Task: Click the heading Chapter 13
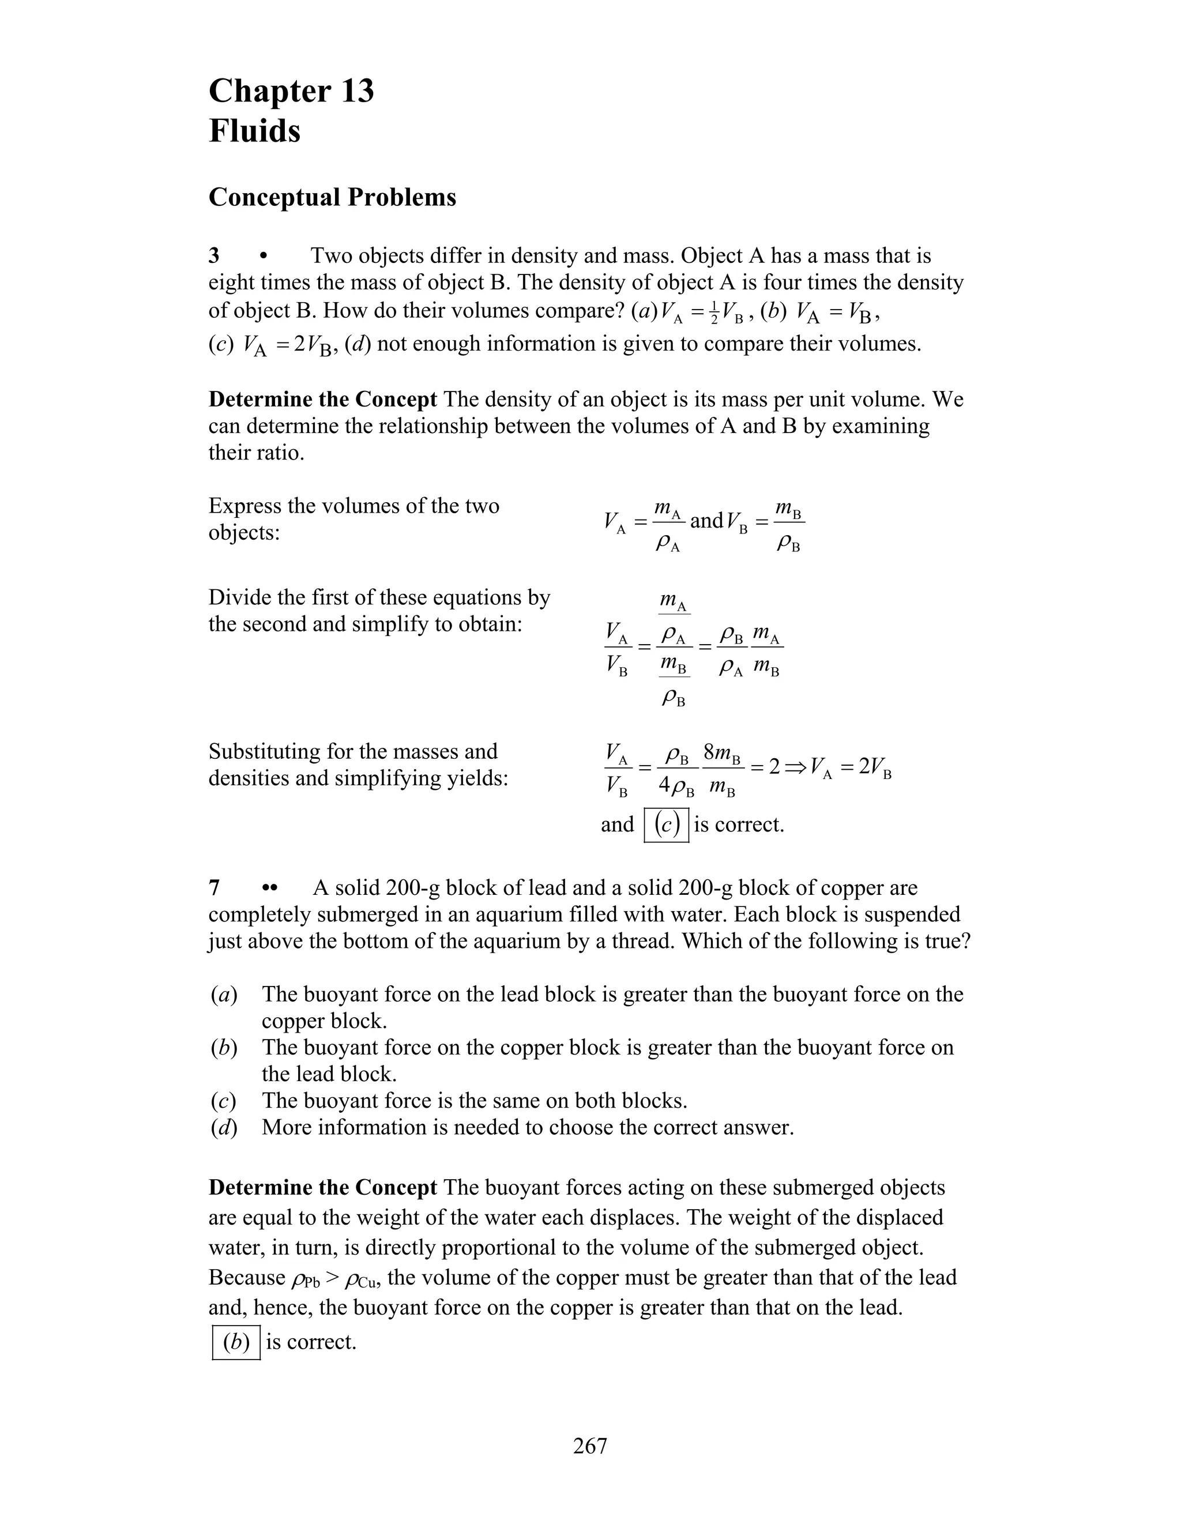291,92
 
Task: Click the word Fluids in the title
255,131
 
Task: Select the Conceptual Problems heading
332,197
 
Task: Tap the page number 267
590,1446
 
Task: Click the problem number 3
214,256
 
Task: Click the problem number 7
214,888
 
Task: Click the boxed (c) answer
666,825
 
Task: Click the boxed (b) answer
236,1342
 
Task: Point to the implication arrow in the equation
795,767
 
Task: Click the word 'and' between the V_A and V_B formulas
706,521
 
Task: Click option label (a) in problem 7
224,994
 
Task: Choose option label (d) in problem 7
224,1127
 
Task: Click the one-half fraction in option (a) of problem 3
714,314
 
